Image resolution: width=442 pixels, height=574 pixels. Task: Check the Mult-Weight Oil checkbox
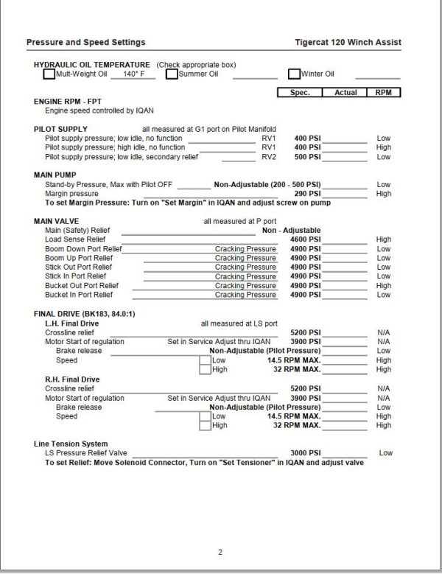tap(49, 74)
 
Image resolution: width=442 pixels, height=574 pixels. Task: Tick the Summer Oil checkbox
tap(172, 74)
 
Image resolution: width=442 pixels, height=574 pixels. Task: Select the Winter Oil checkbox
tap(294, 74)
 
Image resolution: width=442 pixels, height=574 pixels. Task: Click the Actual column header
tap(345, 93)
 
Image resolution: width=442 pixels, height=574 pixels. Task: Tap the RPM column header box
tap(383, 93)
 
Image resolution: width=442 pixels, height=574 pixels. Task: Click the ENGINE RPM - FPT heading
tap(68, 101)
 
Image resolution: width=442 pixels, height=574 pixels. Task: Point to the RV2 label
tap(269, 157)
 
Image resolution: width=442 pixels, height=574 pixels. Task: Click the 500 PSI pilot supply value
tap(307, 157)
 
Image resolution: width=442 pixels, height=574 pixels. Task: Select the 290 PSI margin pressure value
tap(309, 194)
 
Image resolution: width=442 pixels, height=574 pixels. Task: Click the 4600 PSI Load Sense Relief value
tap(306, 239)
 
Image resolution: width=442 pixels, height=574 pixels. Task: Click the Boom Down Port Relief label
tap(83, 249)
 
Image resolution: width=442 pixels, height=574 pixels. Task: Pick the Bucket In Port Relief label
tap(81, 295)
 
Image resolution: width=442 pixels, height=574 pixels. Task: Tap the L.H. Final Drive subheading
tap(72, 323)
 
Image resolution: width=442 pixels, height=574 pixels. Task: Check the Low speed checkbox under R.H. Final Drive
tap(205, 416)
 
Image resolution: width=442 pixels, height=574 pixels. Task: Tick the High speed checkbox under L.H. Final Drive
tap(205, 370)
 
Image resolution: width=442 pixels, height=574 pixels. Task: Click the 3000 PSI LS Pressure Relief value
tap(306, 453)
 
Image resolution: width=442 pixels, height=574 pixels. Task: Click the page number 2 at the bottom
tap(220, 552)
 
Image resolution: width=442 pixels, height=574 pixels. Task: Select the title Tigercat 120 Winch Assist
tap(352, 42)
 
